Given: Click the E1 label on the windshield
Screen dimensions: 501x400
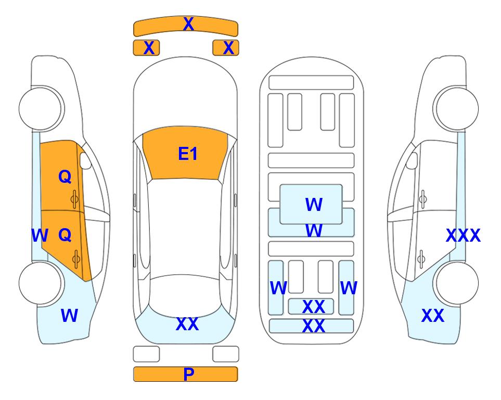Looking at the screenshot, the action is click(188, 154).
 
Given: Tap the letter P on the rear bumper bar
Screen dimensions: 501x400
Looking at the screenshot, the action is click(189, 374).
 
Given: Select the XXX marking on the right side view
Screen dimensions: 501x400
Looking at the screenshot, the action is click(463, 235).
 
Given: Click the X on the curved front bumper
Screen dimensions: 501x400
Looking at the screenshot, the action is click(188, 24).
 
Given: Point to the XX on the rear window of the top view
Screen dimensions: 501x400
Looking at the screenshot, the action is click(187, 324).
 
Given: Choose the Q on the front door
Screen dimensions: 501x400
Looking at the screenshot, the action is click(65, 177).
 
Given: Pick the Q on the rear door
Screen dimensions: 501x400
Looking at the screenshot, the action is click(65, 235).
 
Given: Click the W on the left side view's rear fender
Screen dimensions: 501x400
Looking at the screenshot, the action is click(69, 316).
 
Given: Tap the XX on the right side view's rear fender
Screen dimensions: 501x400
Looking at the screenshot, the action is click(433, 316).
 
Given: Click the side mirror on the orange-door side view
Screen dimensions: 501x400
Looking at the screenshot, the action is click(85, 161).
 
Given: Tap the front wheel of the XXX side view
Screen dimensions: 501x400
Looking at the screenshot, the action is click(456, 108).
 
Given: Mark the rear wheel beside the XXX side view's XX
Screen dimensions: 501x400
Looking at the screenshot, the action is click(456, 283).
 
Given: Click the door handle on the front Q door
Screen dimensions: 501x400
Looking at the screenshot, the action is click(74, 199).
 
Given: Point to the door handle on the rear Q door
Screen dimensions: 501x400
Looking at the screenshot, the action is click(76, 259).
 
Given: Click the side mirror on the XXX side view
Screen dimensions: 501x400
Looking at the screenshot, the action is click(412, 161).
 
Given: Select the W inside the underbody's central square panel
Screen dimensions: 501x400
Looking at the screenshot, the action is click(314, 205).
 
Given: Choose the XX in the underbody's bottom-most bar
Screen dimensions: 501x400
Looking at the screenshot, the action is click(313, 326).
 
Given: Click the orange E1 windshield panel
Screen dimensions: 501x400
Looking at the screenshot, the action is click(185, 153).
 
